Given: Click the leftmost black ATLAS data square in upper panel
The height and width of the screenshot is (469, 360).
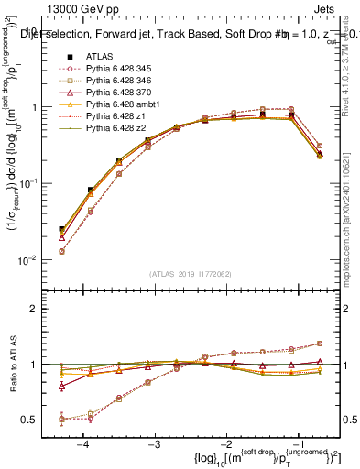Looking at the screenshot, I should (61, 229).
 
